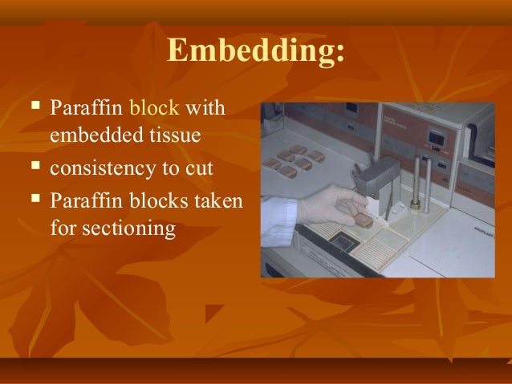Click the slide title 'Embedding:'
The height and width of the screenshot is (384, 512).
[x=256, y=52]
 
